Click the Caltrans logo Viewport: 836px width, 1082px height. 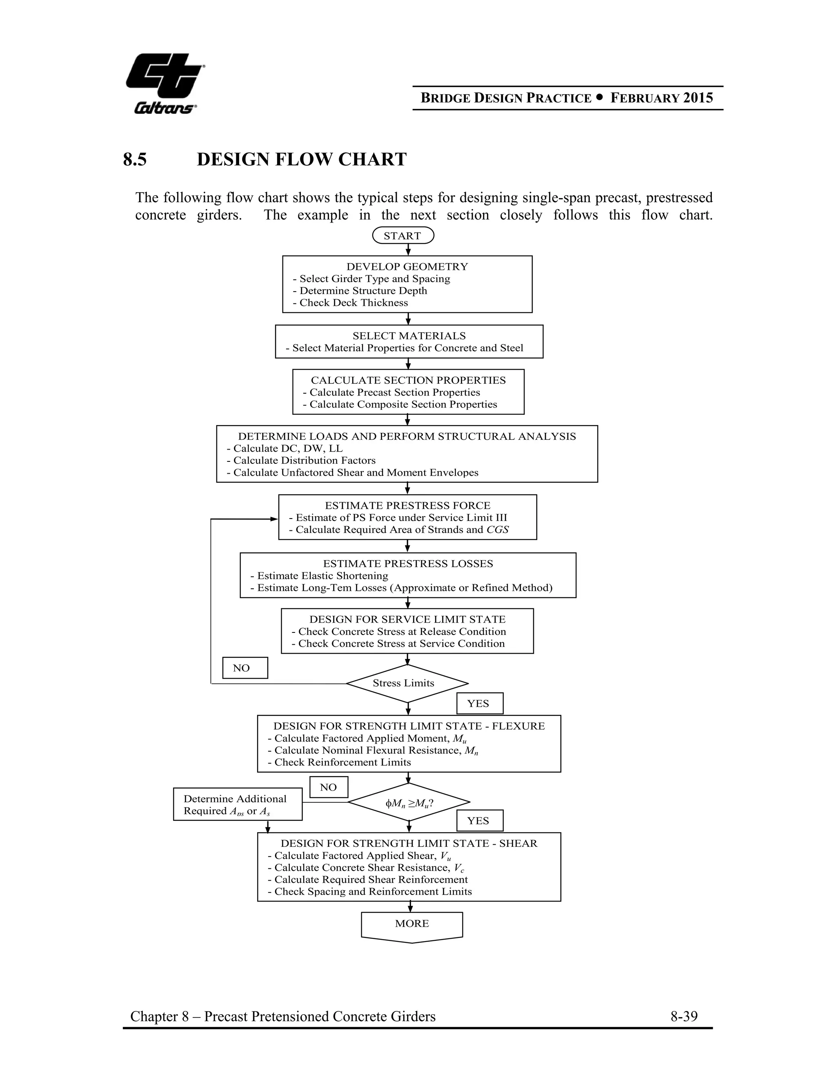(165, 83)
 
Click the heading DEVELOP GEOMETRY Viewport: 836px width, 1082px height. (407, 267)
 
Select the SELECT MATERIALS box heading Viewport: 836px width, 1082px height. (409, 336)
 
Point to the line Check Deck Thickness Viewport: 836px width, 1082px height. (354, 303)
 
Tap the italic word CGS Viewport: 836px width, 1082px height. (498, 530)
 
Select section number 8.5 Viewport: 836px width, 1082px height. (135, 160)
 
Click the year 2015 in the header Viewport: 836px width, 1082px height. (698, 98)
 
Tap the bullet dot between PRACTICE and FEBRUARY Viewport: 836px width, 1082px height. (600, 98)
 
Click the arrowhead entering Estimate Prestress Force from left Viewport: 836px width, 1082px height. (274, 519)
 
